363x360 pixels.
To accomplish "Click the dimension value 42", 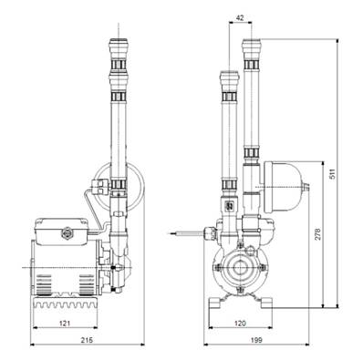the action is click(240, 17).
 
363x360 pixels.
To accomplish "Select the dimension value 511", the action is click(333, 174).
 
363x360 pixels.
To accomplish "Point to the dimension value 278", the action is click(317, 234).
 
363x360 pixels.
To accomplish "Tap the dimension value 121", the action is click(65, 323).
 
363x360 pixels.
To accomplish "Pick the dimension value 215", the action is click(87, 340).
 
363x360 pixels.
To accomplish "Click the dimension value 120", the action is click(240, 323).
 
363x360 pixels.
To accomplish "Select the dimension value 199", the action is click(256, 340).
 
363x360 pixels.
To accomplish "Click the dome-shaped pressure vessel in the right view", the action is click(282, 187).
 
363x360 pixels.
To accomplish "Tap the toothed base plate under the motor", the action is click(65, 303).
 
